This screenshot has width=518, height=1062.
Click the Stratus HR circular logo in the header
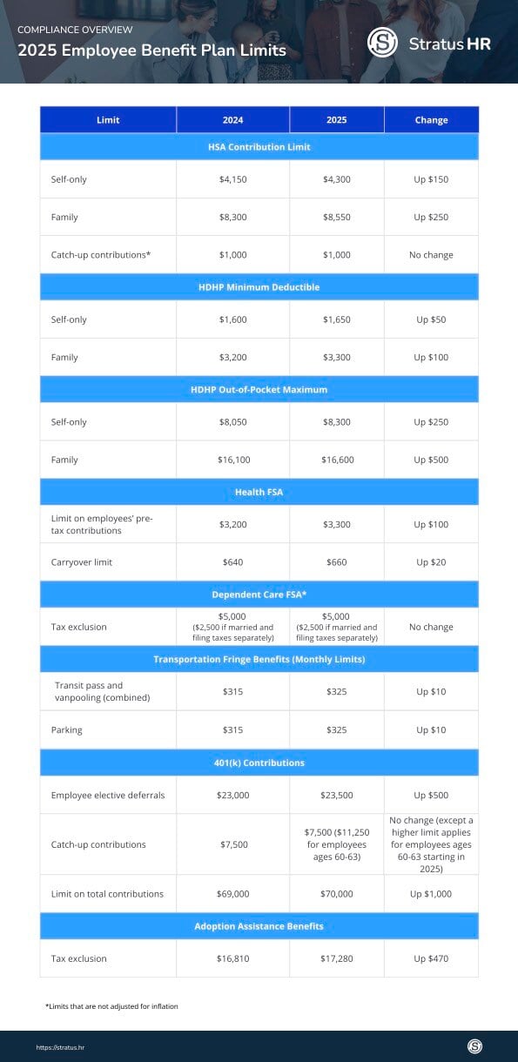[382, 43]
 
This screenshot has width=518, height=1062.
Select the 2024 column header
[232, 120]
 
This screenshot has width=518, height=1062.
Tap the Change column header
[431, 120]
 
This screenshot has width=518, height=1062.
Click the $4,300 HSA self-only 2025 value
[336, 179]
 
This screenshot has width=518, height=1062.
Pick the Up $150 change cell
[431, 179]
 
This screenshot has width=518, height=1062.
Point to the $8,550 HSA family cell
[336, 217]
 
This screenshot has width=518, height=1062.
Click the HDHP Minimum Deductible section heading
[259, 286]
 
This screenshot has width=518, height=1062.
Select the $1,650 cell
[336, 319]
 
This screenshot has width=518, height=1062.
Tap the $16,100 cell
[232, 460]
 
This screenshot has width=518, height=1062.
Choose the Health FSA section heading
[259, 492]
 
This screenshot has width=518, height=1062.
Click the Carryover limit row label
[82, 562]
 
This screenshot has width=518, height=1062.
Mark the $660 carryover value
[336, 562]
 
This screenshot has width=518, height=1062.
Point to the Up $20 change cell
[431, 562]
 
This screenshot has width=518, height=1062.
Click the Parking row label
[67, 729]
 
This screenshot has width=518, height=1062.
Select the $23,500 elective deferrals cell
[336, 795]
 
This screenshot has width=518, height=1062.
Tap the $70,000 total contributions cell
[336, 894]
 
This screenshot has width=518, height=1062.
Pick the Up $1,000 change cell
[431, 894]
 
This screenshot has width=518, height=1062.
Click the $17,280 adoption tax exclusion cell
[336, 958]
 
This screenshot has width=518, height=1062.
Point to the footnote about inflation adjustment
[111, 1006]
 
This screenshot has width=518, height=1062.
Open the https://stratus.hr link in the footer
[60, 1047]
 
